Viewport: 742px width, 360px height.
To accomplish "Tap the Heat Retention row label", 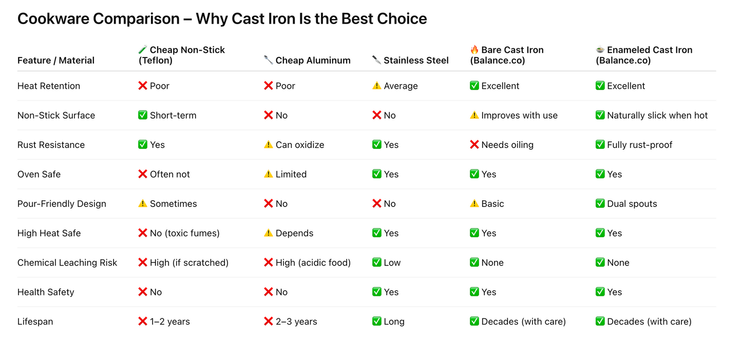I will coord(49,86).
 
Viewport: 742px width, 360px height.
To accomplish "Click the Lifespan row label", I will coord(35,321).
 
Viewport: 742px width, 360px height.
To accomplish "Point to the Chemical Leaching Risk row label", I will coord(67,262).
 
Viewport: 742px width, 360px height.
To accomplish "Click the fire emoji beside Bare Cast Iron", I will coord(474,50).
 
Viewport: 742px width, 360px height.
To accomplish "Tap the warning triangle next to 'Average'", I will coord(377,86).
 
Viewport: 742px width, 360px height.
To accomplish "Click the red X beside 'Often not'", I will coord(143,174).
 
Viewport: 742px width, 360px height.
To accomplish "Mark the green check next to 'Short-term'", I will coord(143,116).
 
